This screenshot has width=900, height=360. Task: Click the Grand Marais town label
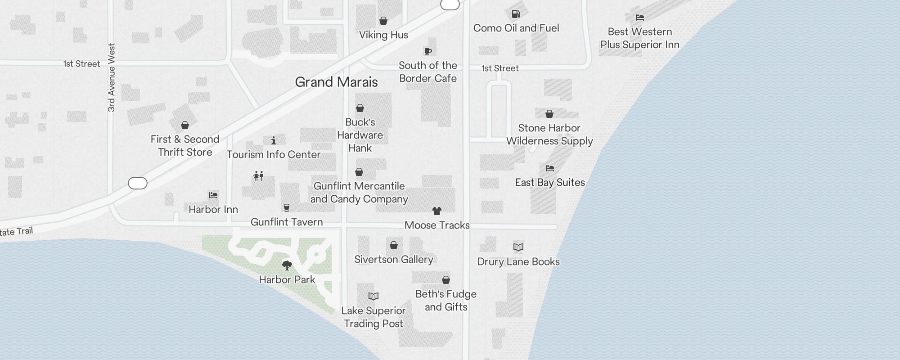click(x=336, y=82)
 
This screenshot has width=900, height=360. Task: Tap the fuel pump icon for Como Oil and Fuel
click(x=516, y=14)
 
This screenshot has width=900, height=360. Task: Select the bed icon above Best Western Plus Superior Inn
click(x=639, y=18)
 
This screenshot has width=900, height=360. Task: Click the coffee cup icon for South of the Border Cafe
click(x=427, y=51)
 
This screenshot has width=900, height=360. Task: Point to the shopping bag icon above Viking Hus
click(x=383, y=21)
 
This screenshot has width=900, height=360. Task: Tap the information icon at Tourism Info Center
click(x=273, y=140)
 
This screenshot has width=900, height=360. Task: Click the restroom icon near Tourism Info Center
click(x=258, y=175)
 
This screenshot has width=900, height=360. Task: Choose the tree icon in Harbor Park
click(x=287, y=265)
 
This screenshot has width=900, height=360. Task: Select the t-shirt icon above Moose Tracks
click(x=436, y=211)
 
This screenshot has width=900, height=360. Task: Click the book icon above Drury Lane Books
click(x=518, y=247)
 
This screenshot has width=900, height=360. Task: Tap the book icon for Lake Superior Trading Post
click(x=373, y=296)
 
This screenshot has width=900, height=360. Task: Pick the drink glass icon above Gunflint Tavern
click(x=286, y=207)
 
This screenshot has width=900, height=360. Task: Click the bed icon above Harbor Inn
click(x=213, y=195)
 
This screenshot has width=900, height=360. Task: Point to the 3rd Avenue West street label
click(x=112, y=77)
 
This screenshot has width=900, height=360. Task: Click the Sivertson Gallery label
click(x=393, y=259)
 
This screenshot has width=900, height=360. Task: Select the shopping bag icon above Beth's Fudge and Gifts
click(x=445, y=280)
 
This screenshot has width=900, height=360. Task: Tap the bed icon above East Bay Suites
click(x=549, y=168)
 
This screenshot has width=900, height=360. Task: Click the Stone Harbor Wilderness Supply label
click(x=549, y=135)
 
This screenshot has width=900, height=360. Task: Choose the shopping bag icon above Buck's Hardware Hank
click(x=360, y=108)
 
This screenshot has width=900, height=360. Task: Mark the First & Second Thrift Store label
click(x=185, y=145)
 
